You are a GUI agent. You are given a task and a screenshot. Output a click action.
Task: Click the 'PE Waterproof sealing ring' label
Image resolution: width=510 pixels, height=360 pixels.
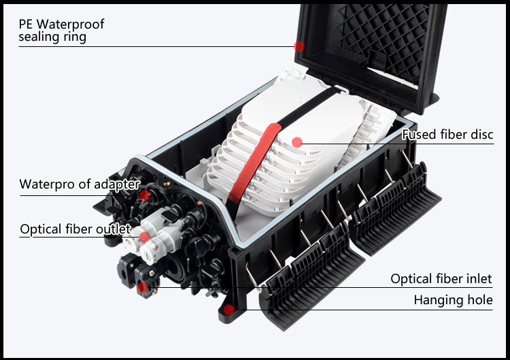pyautogui.click(x=61, y=31)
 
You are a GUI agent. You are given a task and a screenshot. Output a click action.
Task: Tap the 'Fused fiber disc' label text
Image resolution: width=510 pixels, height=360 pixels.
pyautogui.click(x=447, y=135)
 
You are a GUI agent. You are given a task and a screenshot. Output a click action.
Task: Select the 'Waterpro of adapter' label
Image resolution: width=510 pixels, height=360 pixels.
pyautogui.click(x=80, y=184)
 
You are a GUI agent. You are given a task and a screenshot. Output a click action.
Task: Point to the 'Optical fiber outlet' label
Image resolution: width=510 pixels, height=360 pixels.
pyautogui.click(x=75, y=229)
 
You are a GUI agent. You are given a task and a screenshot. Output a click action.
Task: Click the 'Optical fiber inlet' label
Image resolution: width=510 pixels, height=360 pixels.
pyautogui.click(x=441, y=279)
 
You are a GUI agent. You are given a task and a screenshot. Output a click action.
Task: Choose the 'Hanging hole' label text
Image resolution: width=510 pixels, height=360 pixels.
pyautogui.click(x=453, y=300)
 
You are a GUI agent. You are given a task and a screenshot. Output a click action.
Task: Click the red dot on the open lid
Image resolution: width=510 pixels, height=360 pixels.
pyautogui.click(x=299, y=46)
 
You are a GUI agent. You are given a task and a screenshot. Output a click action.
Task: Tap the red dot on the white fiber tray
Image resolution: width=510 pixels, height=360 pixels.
pyautogui.click(x=297, y=142)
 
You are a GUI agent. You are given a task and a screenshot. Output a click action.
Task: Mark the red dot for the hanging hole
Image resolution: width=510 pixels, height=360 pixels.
pyautogui.click(x=229, y=310)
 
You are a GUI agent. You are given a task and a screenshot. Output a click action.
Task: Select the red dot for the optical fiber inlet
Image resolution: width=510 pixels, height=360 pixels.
pyautogui.click(x=143, y=287)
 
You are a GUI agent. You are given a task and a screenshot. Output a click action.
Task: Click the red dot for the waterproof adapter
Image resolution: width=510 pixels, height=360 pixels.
pyautogui.click(x=145, y=195)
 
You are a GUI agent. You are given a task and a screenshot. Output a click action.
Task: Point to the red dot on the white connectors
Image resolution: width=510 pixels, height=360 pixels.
pyautogui.click(x=145, y=237)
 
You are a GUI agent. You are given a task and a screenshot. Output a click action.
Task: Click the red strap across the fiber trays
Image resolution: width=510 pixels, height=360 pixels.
pyautogui.click(x=254, y=162)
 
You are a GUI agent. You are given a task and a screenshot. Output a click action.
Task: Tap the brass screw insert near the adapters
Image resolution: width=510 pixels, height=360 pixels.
pyautogui.click(x=167, y=184)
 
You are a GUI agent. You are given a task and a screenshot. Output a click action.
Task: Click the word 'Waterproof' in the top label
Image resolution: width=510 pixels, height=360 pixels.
pyautogui.click(x=70, y=24)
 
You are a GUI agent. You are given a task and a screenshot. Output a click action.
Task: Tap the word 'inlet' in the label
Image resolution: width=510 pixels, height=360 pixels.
pyautogui.click(x=479, y=279)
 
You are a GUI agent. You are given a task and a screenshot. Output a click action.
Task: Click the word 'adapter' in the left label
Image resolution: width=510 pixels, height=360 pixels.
pyautogui.click(x=117, y=184)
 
